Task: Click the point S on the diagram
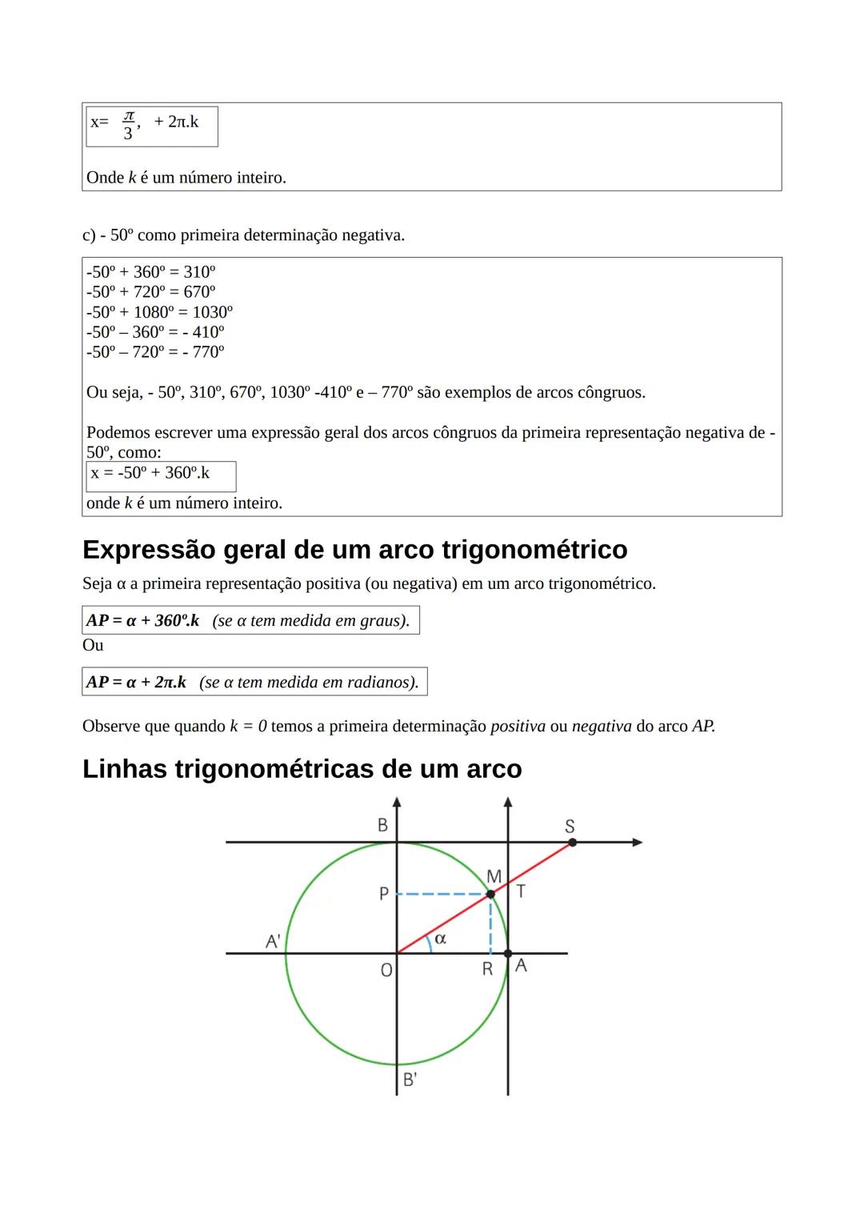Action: click(571, 842)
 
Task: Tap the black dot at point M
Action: click(490, 893)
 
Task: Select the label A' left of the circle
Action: click(272, 942)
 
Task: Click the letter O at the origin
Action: click(386, 970)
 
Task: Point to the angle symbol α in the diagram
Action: click(440, 938)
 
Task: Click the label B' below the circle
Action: click(409, 1080)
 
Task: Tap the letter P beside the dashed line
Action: click(383, 894)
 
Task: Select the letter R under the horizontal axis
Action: click(486, 970)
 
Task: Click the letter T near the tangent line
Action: click(521, 891)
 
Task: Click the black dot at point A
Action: click(508, 953)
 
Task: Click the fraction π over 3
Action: click(128, 126)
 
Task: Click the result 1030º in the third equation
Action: click(212, 312)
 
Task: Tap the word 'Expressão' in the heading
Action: click(148, 550)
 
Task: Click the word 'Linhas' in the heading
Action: click(124, 769)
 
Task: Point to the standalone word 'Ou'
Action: click(93, 645)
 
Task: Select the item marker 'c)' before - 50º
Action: click(89, 235)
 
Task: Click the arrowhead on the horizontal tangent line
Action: click(637, 842)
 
